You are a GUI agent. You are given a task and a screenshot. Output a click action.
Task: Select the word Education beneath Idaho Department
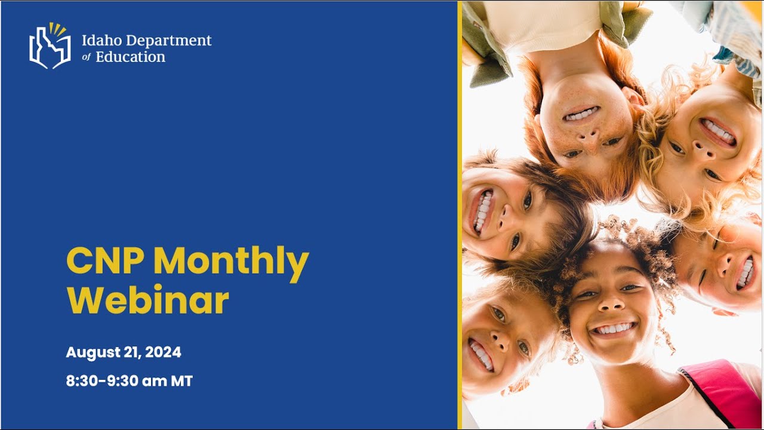(x=130, y=57)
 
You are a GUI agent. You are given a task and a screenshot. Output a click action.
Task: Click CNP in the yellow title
(x=104, y=261)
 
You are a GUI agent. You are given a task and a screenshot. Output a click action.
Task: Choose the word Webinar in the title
(x=147, y=301)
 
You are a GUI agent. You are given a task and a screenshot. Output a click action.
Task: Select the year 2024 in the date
(x=163, y=353)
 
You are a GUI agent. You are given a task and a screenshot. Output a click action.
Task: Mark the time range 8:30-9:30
(x=102, y=381)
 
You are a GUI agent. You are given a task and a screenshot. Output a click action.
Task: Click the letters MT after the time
(x=182, y=381)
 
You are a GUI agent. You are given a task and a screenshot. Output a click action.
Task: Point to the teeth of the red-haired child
(x=580, y=114)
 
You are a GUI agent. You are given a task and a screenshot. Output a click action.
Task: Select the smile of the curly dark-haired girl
(x=614, y=328)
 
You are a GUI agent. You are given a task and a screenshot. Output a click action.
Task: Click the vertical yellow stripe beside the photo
(x=460, y=215)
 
